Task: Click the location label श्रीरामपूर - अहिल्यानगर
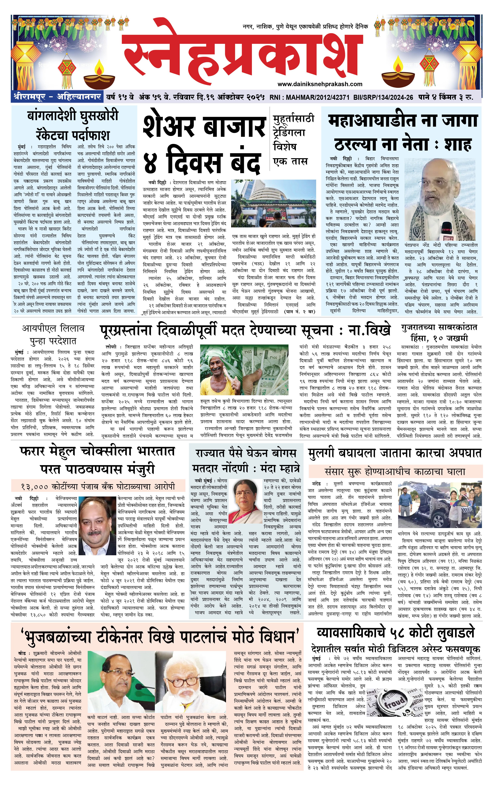(x=57, y=97)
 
